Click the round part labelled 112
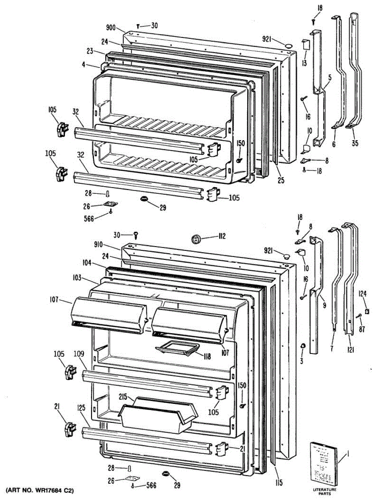pos(195,239)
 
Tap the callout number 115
pos(278,483)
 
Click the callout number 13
pos(304,63)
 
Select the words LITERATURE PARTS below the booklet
pos(325,492)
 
